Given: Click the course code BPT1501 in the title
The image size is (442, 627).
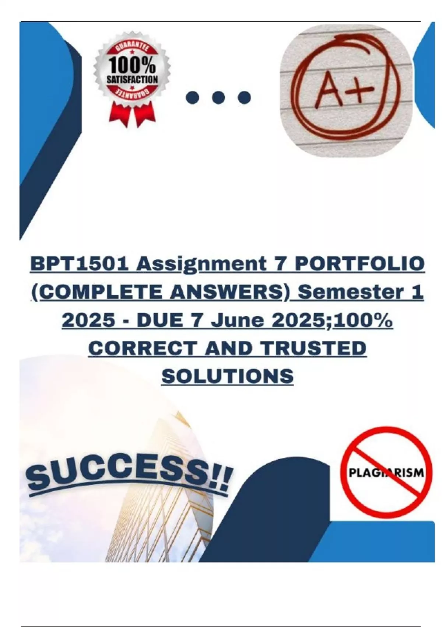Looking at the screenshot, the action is click(80, 264).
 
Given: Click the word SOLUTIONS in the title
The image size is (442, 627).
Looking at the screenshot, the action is click(228, 375).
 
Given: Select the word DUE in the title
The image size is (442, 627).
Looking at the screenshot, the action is click(161, 320).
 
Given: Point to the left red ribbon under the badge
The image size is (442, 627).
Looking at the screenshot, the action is click(119, 113).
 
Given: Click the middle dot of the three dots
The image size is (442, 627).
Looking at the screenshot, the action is click(218, 97).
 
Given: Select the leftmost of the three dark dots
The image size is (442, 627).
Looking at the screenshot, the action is click(192, 97).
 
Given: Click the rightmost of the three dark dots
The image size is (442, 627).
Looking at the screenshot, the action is click(244, 97).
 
